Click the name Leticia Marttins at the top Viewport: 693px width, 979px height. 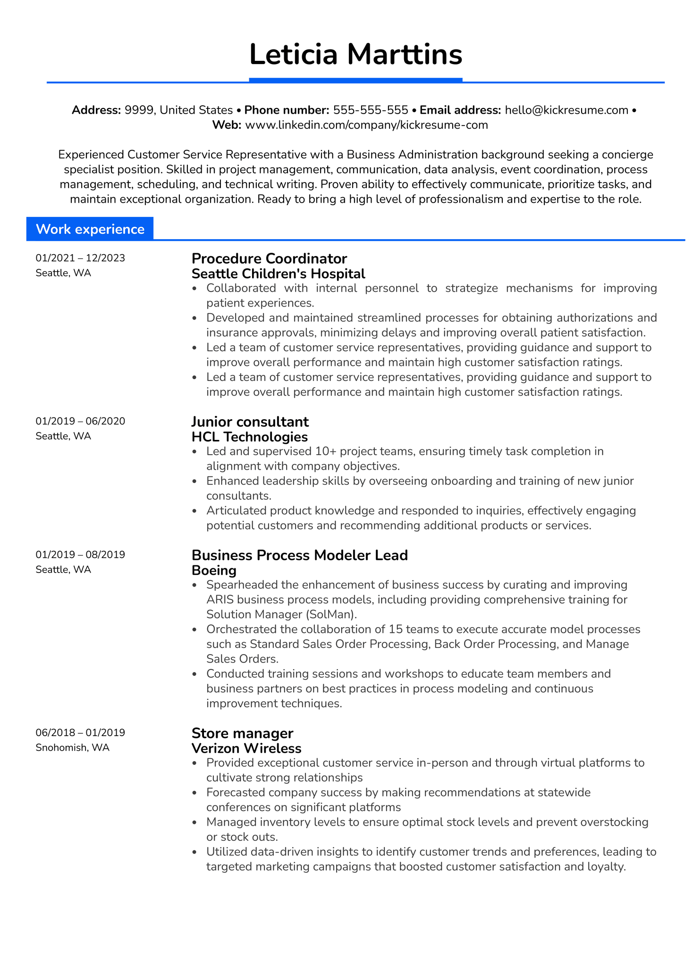click(355, 55)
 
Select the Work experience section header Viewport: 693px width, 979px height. click(90, 229)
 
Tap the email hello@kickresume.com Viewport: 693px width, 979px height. click(566, 110)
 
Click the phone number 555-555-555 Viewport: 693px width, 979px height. click(371, 110)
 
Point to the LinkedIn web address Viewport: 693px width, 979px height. click(366, 125)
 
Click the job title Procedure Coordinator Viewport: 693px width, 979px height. click(269, 258)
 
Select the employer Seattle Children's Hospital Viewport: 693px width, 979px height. click(279, 274)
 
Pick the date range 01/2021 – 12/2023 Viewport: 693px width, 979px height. click(80, 258)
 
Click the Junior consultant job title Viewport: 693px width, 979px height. click(250, 422)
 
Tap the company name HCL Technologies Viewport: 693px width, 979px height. click(250, 437)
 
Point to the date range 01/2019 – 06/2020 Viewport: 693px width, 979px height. click(80, 421)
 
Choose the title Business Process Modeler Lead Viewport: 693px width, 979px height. click(300, 555)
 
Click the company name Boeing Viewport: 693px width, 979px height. click(214, 570)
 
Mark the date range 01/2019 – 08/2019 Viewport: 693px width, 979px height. click(80, 555)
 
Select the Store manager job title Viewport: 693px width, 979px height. click(242, 733)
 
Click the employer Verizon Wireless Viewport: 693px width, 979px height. click(246, 748)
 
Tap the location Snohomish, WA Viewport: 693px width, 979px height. click(72, 747)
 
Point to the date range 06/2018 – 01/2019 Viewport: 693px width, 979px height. click(80, 732)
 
